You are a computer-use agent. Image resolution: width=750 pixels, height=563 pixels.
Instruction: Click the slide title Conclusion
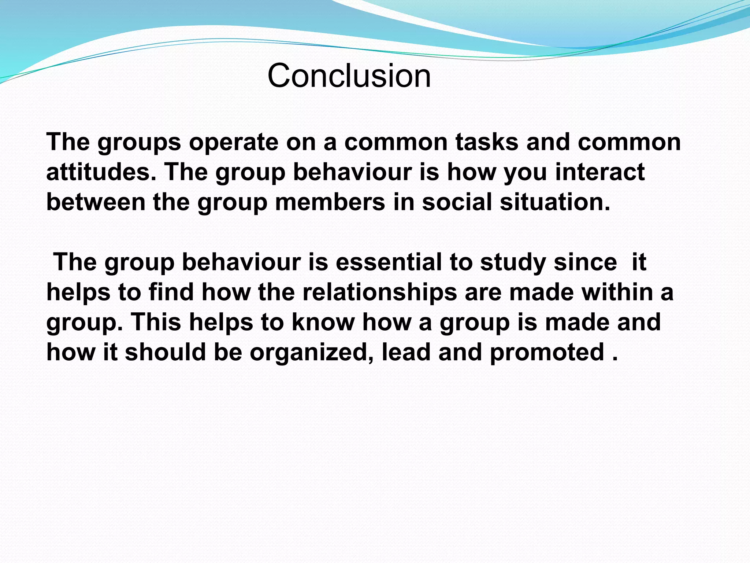point(349,76)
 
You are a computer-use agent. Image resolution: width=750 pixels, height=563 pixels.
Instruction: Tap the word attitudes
point(98,172)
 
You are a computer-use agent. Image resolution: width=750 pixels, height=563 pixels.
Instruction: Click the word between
point(96,202)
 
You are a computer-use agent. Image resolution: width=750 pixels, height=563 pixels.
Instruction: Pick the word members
point(330,202)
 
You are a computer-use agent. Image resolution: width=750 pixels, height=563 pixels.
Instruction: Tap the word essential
point(389,262)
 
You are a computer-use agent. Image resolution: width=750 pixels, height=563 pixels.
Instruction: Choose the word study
point(513,262)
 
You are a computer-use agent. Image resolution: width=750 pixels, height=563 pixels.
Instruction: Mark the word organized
point(312,353)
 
